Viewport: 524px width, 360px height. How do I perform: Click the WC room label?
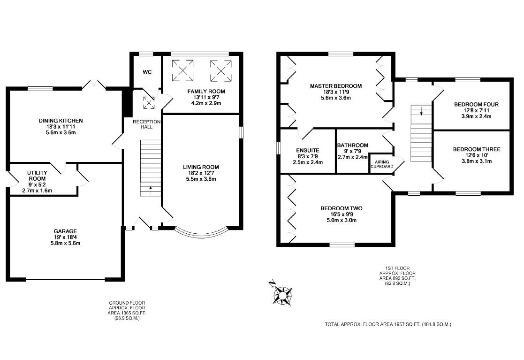click(147, 72)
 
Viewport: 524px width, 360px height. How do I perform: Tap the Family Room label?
click(206, 91)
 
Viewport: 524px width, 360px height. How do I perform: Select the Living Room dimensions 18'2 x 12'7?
click(201, 173)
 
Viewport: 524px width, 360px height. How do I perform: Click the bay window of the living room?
click(202, 232)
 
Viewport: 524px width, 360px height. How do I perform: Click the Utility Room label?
click(37, 176)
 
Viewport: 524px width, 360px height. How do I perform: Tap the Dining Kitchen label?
click(61, 121)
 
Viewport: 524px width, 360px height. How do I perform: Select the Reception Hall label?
click(146, 124)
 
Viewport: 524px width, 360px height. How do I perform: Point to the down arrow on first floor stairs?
click(421, 111)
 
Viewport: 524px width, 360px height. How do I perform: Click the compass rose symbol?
click(281, 294)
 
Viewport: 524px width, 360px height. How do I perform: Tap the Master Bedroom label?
click(336, 86)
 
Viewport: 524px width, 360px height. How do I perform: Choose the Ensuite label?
click(308, 150)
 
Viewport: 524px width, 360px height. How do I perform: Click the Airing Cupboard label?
click(382, 164)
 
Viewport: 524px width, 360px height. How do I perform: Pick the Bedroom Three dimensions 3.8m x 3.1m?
click(477, 161)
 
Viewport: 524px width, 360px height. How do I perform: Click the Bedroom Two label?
click(342, 208)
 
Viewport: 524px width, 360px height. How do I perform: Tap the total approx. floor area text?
click(388, 324)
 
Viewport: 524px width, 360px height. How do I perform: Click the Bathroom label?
click(353, 146)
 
